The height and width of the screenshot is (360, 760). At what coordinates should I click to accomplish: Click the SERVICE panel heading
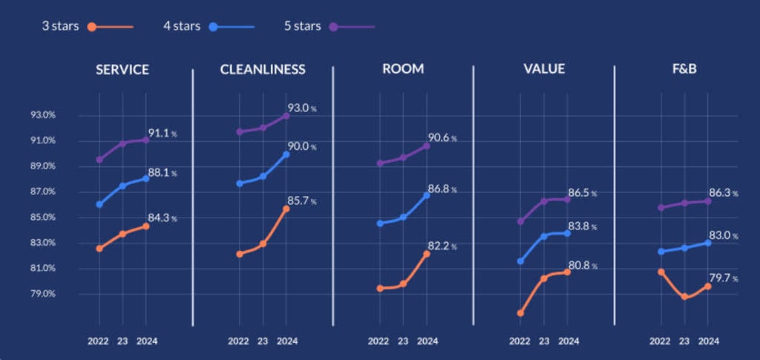tap(122, 70)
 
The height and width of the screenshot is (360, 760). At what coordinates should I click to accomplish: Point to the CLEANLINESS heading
tap(263, 70)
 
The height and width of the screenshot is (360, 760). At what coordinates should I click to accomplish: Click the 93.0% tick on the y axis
tap(43, 115)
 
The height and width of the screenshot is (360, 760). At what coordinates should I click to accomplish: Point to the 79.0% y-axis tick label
tap(43, 294)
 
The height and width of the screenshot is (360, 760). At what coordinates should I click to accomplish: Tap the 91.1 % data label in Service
tap(163, 134)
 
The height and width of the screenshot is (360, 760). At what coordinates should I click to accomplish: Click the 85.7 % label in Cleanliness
tap(303, 200)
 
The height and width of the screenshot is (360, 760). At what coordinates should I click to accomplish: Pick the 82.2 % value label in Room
tap(443, 246)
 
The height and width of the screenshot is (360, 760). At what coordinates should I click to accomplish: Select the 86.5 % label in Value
tap(583, 193)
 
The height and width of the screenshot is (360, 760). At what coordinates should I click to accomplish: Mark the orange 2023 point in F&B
tap(684, 296)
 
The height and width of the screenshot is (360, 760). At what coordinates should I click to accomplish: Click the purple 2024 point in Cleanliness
tap(286, 116)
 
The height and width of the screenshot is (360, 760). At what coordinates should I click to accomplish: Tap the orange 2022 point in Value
tap(520, 313)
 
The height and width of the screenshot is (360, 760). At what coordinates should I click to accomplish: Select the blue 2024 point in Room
tap(427, 195)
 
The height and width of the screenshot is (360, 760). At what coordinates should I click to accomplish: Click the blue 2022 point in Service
tap(99, 204)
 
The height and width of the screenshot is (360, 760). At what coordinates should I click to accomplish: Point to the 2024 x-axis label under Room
tap(427, 341)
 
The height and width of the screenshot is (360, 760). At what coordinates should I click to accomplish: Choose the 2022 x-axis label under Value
tap(520, 341)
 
